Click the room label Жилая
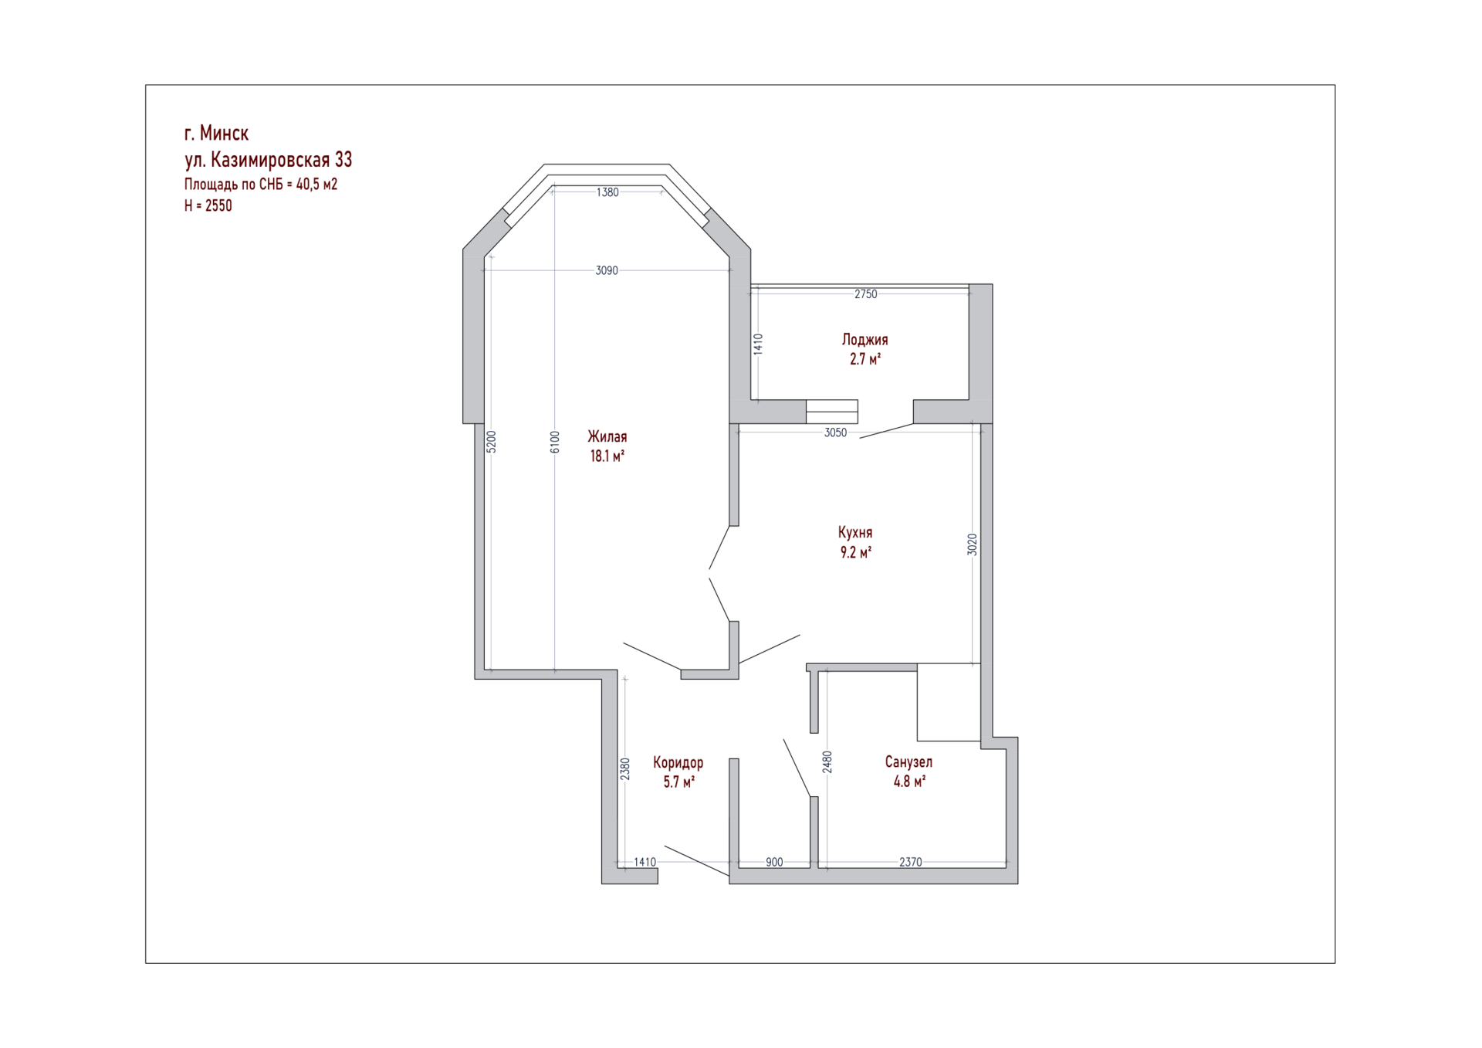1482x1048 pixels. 607,437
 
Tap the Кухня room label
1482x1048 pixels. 855,533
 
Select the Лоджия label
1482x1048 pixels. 864,340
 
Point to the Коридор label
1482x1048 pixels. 678,763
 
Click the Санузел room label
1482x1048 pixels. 908,762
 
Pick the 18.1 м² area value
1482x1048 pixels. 607,456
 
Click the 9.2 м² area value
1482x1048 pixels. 855,552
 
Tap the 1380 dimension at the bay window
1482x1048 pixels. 607,192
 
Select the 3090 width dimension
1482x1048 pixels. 607,270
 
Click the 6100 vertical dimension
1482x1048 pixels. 555,442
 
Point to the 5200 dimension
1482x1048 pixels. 492,442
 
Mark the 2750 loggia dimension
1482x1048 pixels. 866,294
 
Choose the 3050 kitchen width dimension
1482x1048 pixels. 835,433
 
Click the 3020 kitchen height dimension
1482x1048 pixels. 973,544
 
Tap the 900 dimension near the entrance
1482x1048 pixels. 774,863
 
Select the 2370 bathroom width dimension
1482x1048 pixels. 911,863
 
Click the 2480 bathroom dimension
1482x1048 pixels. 827,762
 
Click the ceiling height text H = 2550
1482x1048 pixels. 208,205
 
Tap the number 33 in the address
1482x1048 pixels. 343,160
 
